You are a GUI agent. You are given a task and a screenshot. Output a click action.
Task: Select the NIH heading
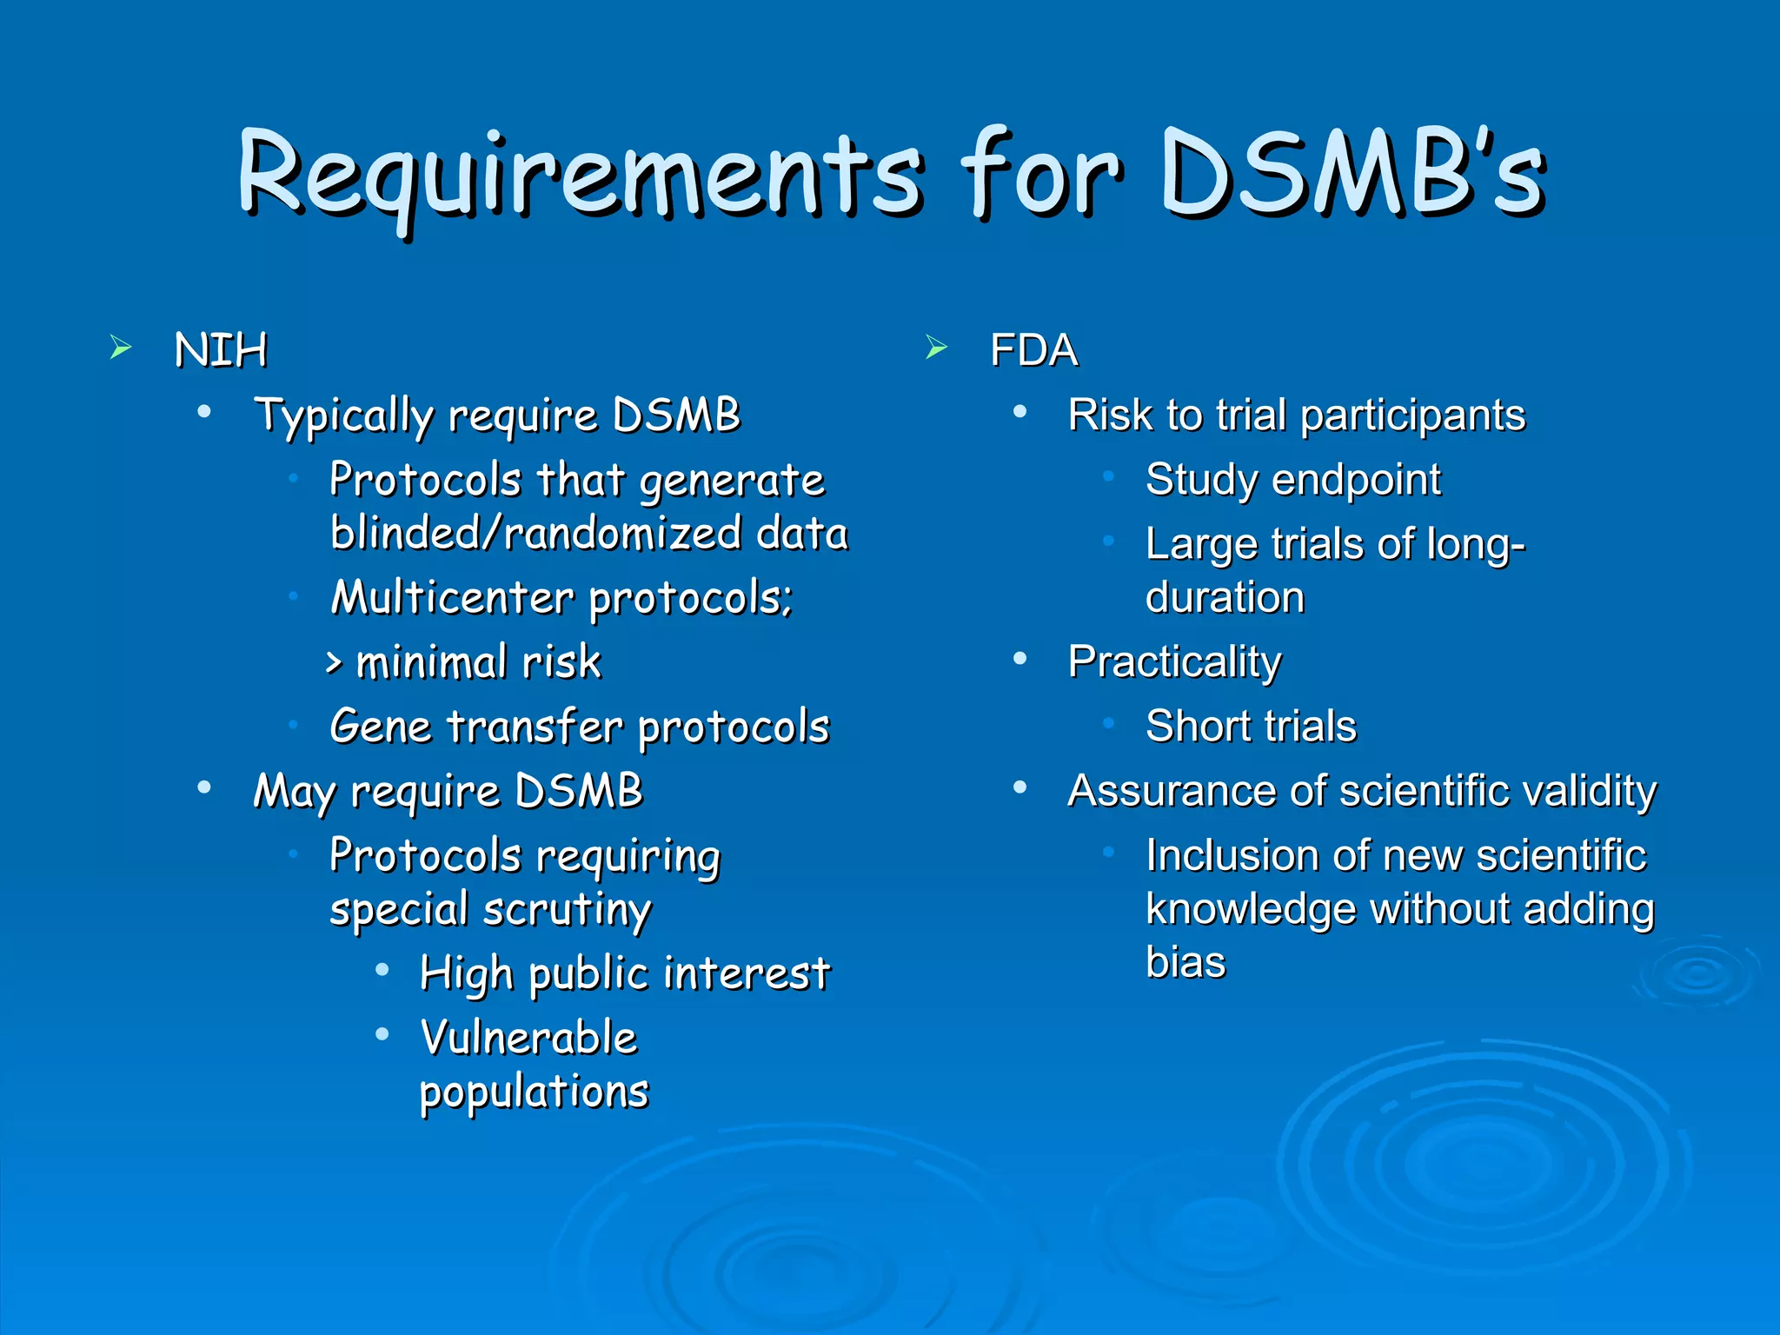[221, 351]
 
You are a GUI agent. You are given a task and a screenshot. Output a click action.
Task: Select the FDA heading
[1033, 351]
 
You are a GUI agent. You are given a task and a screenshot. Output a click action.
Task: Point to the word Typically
[343, 416]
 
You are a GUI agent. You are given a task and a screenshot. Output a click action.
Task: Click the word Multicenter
[452, 599]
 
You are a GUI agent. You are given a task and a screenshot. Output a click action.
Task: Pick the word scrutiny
[567, 911]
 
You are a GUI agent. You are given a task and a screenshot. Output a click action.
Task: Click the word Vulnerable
[528, 1038]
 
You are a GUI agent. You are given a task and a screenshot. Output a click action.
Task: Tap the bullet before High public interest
[382, 971]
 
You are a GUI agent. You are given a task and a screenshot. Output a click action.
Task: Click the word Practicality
[1174, 662]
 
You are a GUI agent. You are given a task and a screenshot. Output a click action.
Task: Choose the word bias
[1186, 962]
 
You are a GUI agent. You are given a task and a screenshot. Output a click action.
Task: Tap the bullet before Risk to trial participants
[1020, 412]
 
